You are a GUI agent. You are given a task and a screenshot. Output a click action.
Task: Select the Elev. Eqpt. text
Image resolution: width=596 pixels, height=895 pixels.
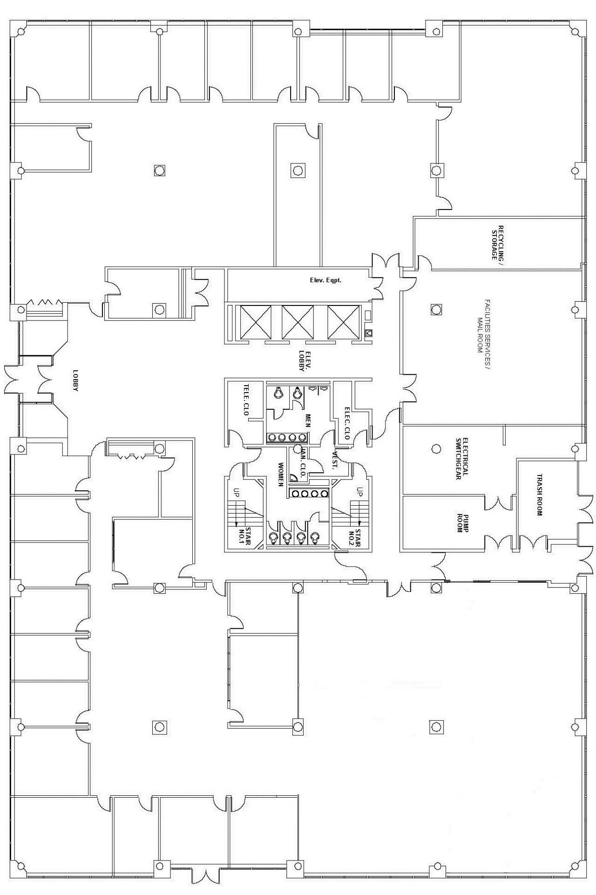click(x=325, y=280)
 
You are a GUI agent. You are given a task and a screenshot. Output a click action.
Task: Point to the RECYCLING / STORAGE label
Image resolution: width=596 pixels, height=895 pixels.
click(x=498, y=243)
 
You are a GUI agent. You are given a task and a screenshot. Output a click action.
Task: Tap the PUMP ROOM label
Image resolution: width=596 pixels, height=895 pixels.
click(x=462, y=522)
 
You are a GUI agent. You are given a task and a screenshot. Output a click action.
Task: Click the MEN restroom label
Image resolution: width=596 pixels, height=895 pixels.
click(x=308, y=420)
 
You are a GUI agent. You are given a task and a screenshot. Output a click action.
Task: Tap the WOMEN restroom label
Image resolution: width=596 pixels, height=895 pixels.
click(x=280, y=475)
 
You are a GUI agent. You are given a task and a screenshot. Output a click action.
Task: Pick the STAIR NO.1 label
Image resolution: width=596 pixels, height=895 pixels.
click(x=245, y=536)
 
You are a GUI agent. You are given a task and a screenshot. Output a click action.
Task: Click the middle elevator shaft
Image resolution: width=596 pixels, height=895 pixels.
click(x=298, y=322)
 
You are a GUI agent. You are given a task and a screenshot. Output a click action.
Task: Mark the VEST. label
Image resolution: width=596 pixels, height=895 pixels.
click(x=334, y=461)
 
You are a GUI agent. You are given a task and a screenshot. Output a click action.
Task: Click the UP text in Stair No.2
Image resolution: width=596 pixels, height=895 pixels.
click(x=359, y=491)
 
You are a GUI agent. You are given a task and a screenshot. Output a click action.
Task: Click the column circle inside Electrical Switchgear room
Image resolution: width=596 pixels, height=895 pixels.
click(x=436, y=448)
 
